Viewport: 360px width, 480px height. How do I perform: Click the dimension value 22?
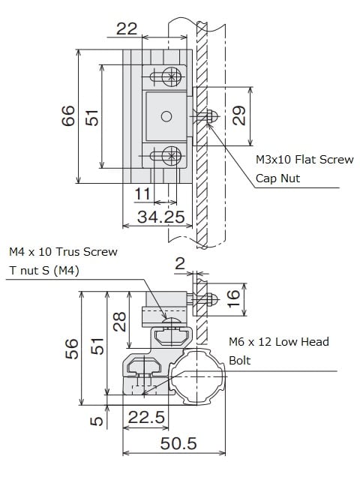(x=127, y=28)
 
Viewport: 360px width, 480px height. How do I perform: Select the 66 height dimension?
(x=68, y=115)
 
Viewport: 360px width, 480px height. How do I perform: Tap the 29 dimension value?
(x=238, y=115)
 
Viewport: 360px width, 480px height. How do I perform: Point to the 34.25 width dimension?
(x=161, y=217)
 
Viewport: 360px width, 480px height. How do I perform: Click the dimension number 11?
(x=142, y=193)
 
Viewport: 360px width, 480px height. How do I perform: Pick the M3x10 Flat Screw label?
(x=304, y=160)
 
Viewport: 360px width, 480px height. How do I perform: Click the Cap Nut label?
(x=277, y=178)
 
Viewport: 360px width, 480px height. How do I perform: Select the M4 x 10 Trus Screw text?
(x=63, y=252)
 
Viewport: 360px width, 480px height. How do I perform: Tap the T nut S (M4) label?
(x=44, y=270)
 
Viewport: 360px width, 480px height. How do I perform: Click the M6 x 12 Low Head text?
(x=279, y=342)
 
